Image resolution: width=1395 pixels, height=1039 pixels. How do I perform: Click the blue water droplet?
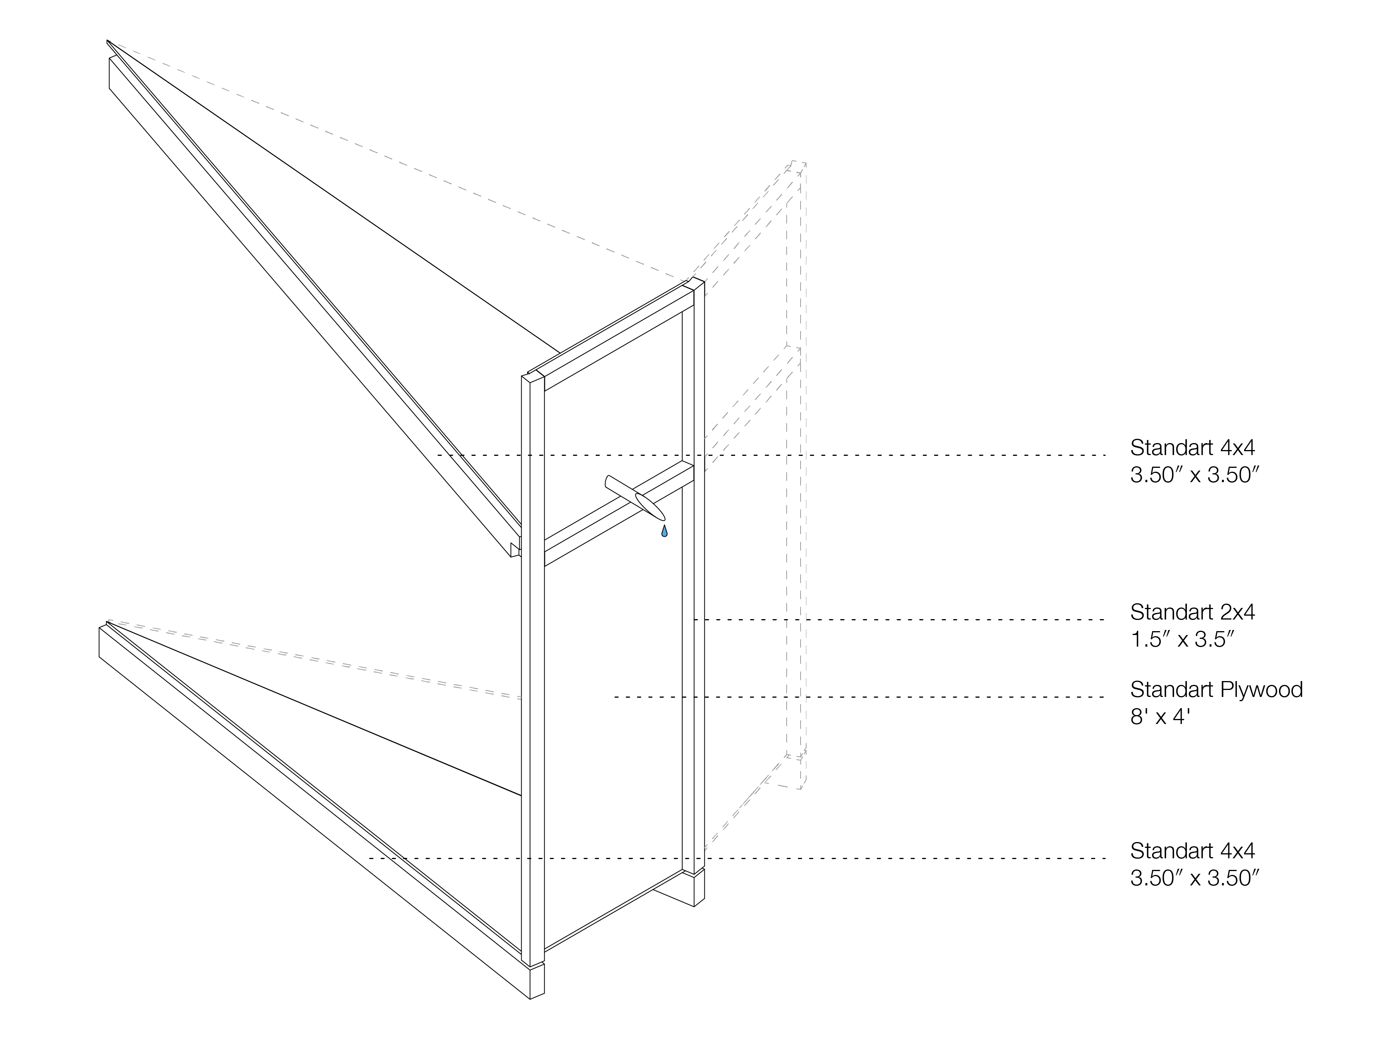664,531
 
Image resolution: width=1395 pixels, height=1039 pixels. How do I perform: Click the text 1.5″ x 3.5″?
1182,640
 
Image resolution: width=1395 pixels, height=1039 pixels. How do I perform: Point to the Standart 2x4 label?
1192,612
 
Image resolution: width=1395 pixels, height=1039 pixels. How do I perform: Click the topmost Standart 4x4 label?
1192,448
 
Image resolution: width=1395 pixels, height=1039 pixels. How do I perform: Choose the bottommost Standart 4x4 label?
1192,851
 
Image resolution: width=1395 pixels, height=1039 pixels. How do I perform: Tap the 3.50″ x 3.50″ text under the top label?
1194,475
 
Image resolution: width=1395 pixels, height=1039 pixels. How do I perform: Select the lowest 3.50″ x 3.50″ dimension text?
1194,878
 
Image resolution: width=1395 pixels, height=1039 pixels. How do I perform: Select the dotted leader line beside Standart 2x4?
899,620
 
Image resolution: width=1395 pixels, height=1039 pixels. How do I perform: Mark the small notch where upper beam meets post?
515,550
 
